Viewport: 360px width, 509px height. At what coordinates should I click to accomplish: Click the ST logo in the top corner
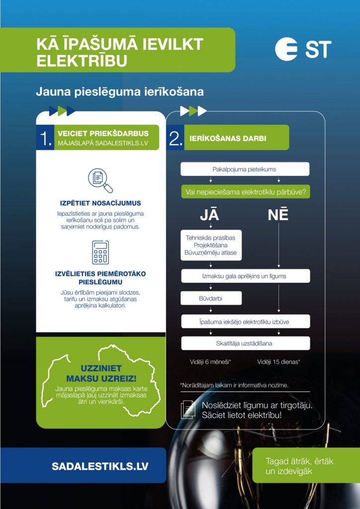[x=303, y=50]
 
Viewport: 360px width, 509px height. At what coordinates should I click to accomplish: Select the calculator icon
[x=100, y=253]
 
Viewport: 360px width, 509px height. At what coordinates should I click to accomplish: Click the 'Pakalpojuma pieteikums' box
[x=245, y=169]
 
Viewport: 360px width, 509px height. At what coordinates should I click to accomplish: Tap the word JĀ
[x=210, y=215]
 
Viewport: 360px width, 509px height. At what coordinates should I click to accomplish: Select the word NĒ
[x=278, y=215]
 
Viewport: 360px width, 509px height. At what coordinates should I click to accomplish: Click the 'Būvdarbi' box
[x=211, y=298]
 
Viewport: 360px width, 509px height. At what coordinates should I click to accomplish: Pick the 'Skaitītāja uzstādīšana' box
[x=245, y=343]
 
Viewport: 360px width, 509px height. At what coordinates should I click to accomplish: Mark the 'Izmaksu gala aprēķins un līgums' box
[x=245, y=276]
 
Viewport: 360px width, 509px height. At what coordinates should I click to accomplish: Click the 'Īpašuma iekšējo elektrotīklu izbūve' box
[x=245, y=321]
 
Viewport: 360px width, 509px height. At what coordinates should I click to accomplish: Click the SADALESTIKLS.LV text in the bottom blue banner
[x=100, y=467]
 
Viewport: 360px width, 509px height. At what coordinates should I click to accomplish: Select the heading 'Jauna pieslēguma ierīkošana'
[x=120, y=92]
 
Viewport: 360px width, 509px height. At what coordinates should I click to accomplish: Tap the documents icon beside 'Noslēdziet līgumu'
[x=188, y=410]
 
